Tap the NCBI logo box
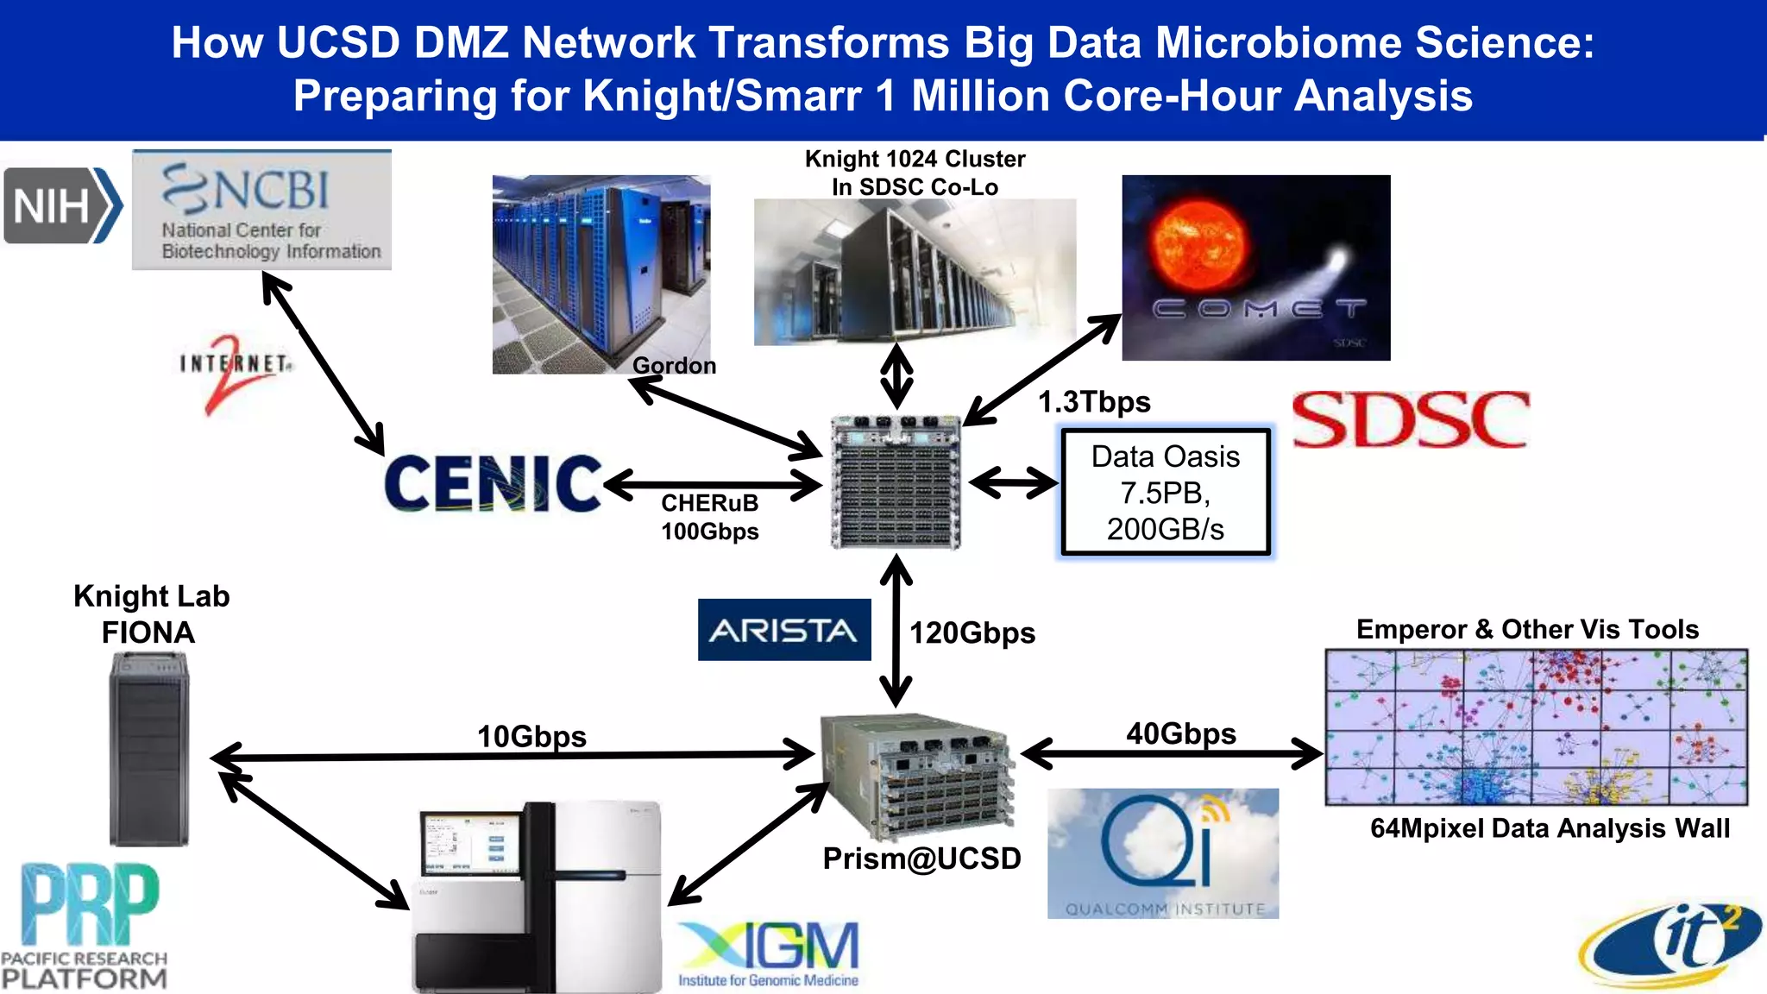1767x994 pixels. [261, 210]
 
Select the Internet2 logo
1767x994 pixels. [235, 371]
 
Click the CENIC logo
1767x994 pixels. [492, 484]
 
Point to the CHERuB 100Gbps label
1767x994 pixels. [709, 517]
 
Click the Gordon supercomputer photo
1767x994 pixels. [601, 274]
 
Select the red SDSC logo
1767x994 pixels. [1411, 420]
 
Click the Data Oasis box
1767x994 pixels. [1165, 493]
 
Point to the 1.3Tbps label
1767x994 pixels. [1094, 402]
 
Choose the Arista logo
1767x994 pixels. [783, 630]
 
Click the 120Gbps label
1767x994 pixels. [972, 633]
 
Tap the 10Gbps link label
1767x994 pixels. [531, 736]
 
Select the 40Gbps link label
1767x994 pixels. [1180, 733]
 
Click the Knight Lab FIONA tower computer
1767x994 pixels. [148, 749]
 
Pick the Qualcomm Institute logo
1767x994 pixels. [1162, 853]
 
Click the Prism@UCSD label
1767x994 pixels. [921, 859]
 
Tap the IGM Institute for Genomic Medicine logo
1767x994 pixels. [768, 954]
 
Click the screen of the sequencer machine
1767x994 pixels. [470, 845]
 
